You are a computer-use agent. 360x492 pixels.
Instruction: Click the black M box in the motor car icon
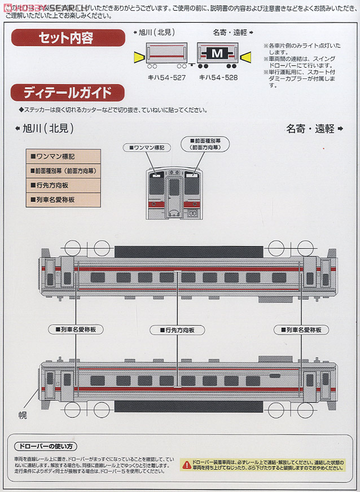[x=218, y=54]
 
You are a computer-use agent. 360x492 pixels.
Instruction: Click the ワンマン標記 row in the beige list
[x=63, y=156]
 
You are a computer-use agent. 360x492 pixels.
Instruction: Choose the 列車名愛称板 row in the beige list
[x=63, y=199]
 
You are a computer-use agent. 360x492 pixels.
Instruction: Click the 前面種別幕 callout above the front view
[x=205, y=144]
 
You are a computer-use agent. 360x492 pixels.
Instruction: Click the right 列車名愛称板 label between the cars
[x=301, y=329]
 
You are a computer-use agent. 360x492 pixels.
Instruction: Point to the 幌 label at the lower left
[x=23, y=415]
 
